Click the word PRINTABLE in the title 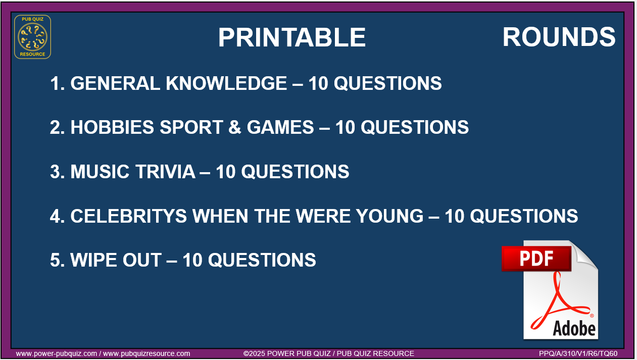[x=292, y=37]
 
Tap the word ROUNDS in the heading [x=559, y=37]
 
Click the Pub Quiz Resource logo [x=33, y=37]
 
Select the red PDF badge [x=536, y=259]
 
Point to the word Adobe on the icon [x=574, y=329]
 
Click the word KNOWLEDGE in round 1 [x=226, y=83]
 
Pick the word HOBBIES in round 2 [x=112, y=127]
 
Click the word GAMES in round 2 [x=280, y=127]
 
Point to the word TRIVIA [x=165, y=172]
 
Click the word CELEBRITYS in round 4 [x=128, y=216]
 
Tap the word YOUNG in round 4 [x=390, y=216]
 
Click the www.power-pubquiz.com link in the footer [x=56, y=354]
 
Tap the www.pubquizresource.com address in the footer [x=146, y=354]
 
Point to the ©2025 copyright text [x=328, y=354]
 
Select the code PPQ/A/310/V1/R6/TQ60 [x=578, y=354]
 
